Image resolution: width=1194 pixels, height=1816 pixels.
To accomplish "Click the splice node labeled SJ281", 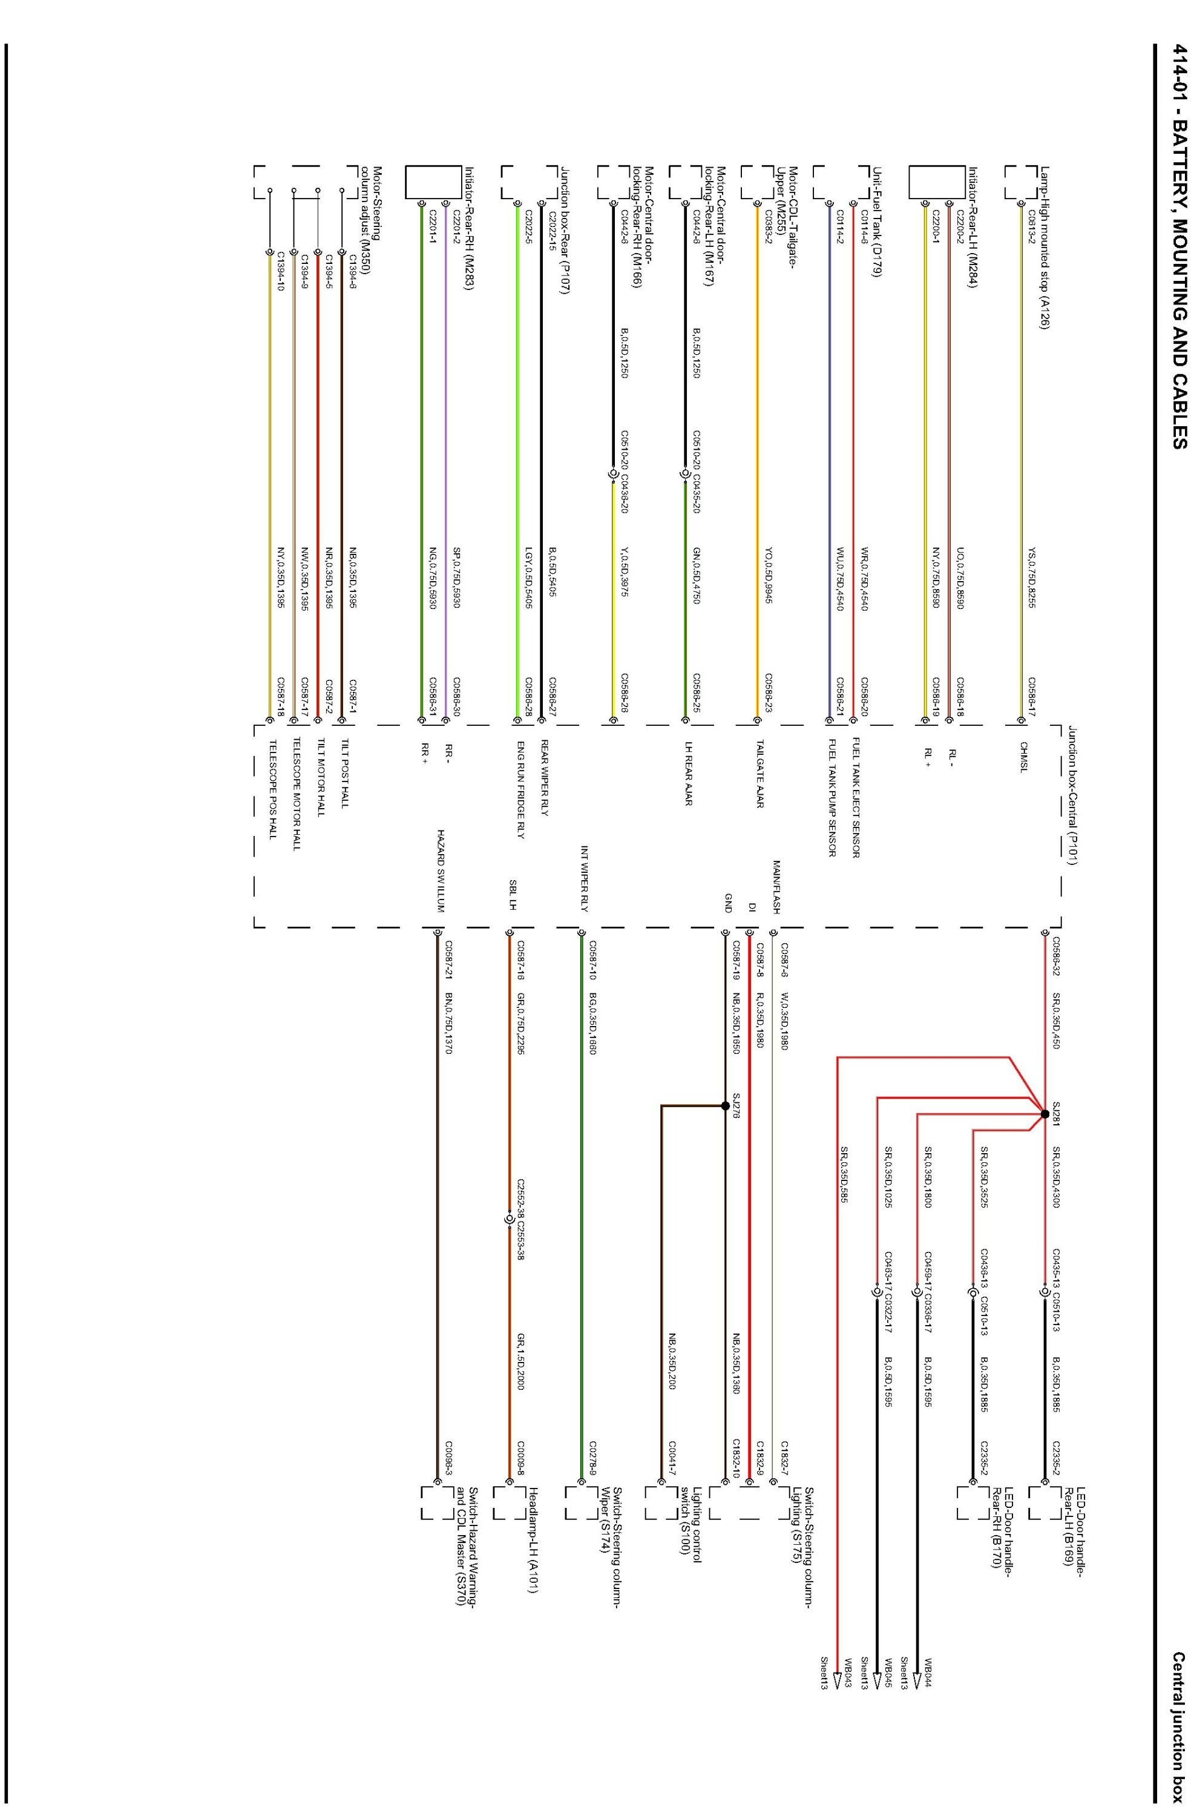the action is pyautogui.click(x=1045, y=1114).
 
